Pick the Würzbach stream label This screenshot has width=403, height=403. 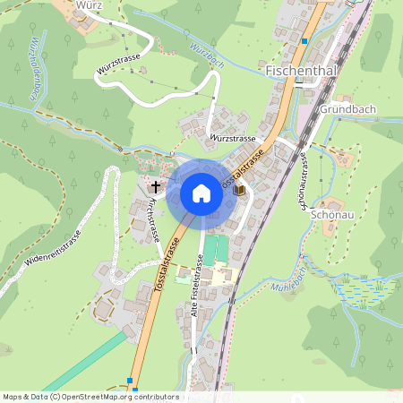pyautogui.click(x=205, y=56)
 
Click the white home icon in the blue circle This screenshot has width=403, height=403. pyautogui.click(x=201, y=193)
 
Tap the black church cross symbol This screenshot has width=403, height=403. pyautogui.click(x=156, y=187)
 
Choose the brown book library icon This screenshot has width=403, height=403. pyautogui.click(x=238, y=191)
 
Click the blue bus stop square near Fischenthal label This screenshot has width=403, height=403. pyautogui.click(x=304, y=41)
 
